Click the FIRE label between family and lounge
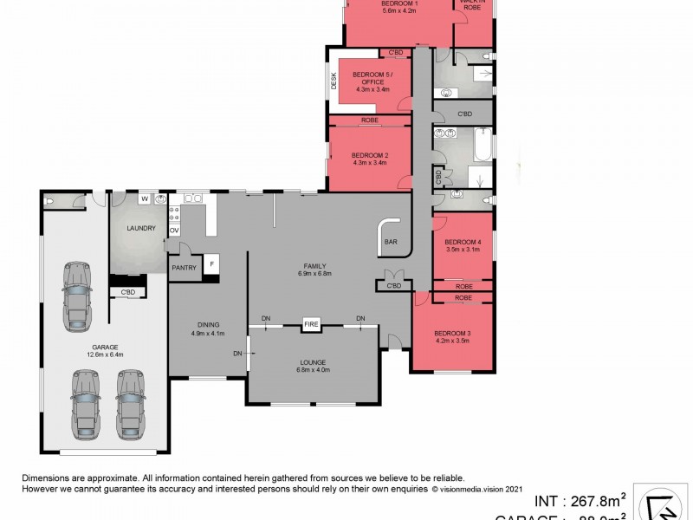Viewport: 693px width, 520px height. click(312, 325)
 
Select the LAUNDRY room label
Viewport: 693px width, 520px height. click(139, 229)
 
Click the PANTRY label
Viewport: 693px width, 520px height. click(184, 268)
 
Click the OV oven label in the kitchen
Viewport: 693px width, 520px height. click(174, 231)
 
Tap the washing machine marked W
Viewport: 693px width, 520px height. click(144, 199)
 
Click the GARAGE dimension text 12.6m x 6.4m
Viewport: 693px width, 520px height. click(105, 353)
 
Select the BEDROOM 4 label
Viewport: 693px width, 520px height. click(462, 245)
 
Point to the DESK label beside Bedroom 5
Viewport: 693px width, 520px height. click(334, 81)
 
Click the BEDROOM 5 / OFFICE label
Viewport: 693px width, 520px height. click(372, 81)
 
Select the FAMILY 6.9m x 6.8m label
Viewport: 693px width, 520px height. click(314, 270)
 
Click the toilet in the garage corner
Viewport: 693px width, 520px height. click(49, 200)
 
